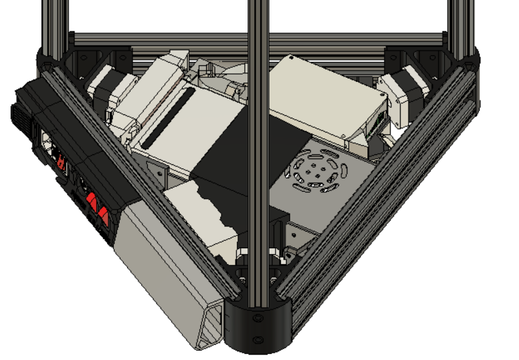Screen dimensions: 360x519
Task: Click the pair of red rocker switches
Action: pos(98,208)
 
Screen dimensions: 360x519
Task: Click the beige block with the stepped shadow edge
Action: pos(200,213)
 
